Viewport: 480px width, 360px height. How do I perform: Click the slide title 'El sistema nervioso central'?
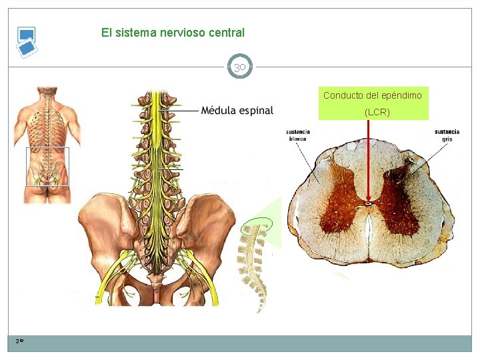pos(173,32)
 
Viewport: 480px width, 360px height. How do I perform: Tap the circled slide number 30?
pos(240,67)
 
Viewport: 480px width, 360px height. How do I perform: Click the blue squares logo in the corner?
pos(27,42)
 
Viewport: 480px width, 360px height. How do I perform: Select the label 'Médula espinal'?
pos(237,110)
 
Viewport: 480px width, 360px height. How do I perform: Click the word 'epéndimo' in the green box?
pos(401,95)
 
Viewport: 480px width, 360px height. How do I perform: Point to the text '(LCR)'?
pos(377,112)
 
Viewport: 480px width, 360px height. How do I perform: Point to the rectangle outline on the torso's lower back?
pos(47,167)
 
